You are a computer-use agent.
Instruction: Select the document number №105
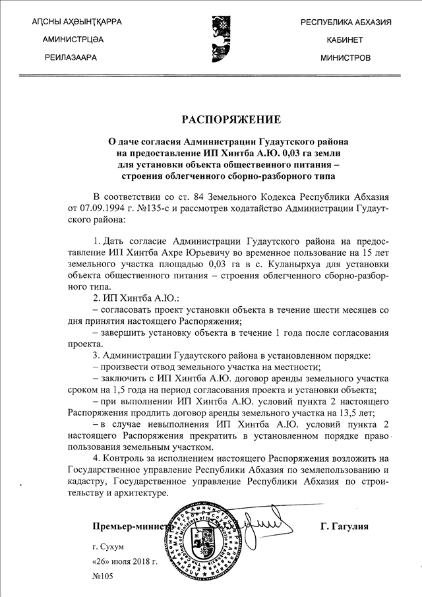click(x=104, y=576)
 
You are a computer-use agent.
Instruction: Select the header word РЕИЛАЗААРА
click(x=71, y=57)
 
